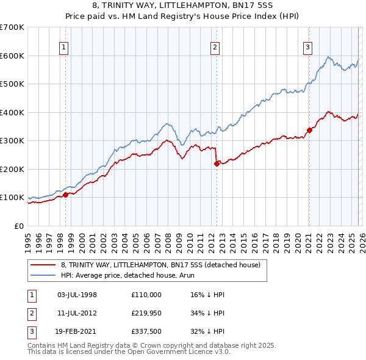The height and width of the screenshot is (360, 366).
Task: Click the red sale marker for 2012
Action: (x=217, y=163)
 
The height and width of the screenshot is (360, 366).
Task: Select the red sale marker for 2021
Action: (x=309, y=129)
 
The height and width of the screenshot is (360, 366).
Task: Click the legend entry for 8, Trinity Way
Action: (x=160, y=265)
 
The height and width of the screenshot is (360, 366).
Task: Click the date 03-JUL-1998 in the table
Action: (x=77, y=295)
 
